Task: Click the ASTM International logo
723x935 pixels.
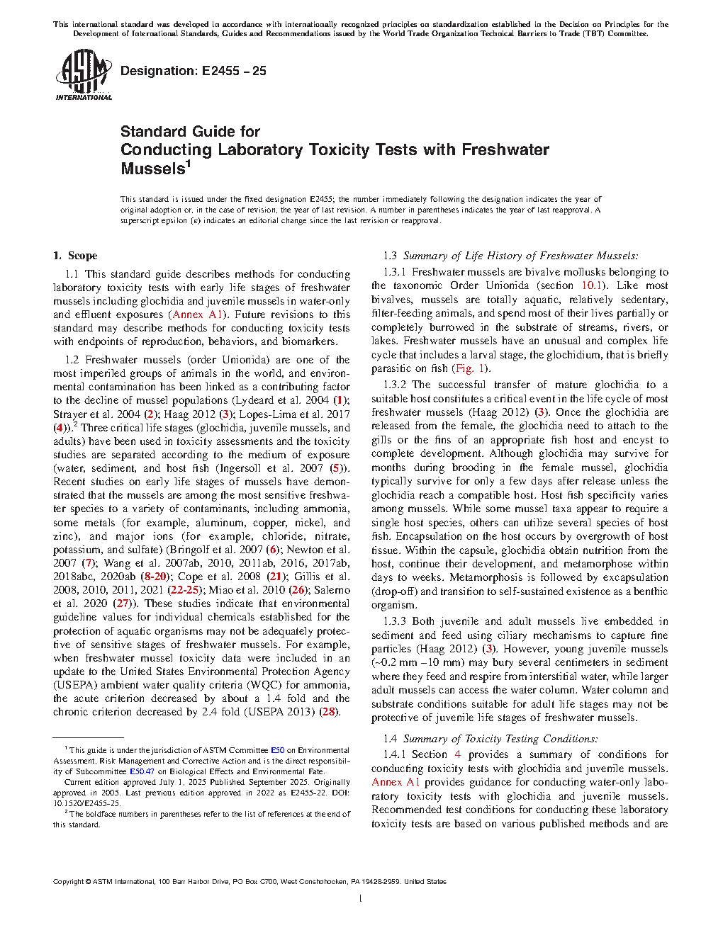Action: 83,75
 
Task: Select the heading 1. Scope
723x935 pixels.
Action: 75,256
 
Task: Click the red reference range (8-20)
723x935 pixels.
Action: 154,577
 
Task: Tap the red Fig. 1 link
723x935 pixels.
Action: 469,368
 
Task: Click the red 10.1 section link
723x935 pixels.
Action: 592,285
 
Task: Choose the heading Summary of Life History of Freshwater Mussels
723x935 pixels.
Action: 520,256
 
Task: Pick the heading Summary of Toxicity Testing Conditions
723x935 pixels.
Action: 500,739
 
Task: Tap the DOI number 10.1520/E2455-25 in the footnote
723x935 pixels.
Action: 86,803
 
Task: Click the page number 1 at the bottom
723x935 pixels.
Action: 361,899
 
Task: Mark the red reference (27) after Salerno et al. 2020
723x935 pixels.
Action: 123,603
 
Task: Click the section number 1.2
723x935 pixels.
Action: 72,360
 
